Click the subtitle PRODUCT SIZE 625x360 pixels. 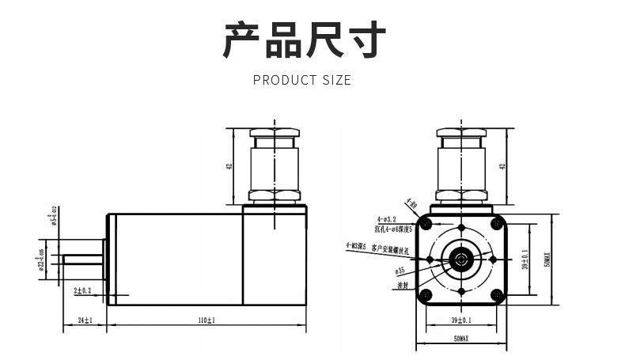point(301,80)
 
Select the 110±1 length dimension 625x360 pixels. point(206,320)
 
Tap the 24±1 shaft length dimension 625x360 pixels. point(85,320)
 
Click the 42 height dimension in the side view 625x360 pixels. point(229,167)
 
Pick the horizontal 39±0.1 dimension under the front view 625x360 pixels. point(461,320)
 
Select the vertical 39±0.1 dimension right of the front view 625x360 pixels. point(525,258)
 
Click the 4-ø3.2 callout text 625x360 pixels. point(387,218)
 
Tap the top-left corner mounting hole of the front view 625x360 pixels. point(427,225)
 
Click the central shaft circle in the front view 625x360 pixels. point(460,259)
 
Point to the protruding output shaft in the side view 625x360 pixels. point(83,259)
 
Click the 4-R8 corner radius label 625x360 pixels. point(411,204)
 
